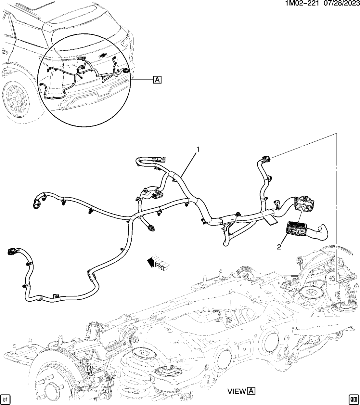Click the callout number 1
pyautogui.click(x=197, y=150)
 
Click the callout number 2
pyautogui.click(x=279, y=247)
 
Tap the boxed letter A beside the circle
pyautogui.click(x=157, y=79)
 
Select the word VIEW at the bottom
pyautogui.click(x=237, y=392)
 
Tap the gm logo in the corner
pyautogui.click(x=354, y=399)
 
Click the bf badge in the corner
pyautogui.click(x=5, y=399)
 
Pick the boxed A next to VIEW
pyautogui.click(x=251, y=392)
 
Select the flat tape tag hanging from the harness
pyautogui.click(x=270, y=221)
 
